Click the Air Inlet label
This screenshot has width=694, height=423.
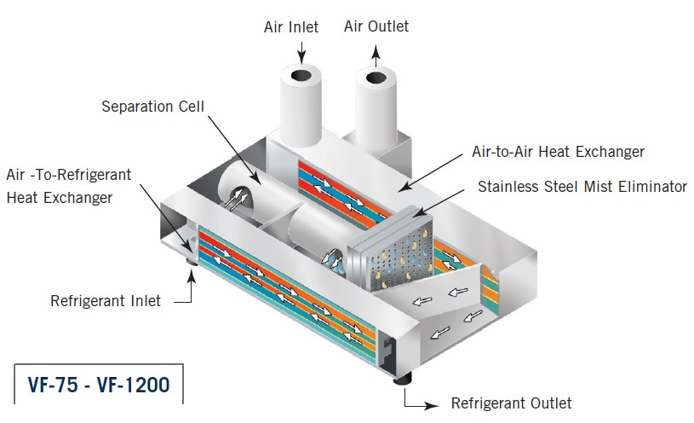click(291, 27)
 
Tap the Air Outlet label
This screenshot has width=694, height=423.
click(376, 26)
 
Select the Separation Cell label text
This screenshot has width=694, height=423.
click(152, 107)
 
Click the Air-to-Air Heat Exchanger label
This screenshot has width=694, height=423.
click(558, 152)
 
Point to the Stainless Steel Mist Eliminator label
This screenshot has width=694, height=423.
click(582, 186)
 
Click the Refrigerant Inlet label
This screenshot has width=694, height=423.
click(106, 301)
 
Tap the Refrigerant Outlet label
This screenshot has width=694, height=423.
click(511, 403)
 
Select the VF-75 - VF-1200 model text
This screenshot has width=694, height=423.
click(99, 385)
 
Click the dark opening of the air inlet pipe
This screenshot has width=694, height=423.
click(301, 75)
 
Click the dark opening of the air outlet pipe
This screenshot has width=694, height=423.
click(376, 78)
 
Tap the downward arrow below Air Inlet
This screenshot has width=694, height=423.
click(301, 53)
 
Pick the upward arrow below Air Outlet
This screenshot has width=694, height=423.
click(376, 56)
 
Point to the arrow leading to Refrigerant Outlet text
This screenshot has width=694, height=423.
click(421, 397)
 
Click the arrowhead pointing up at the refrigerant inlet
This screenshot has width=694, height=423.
click(192, 275)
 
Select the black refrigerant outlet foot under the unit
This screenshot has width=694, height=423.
click(403, 380)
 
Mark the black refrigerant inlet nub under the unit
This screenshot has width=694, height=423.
click(192, 262)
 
